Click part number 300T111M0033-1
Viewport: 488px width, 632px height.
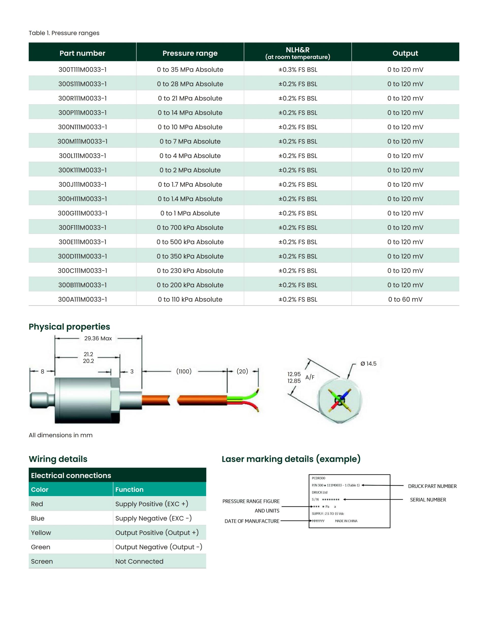[82, 69]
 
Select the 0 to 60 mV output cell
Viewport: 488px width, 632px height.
[405, 299]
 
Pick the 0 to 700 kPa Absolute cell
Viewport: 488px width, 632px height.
[190, 227]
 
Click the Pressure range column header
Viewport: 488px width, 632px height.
[190, 53]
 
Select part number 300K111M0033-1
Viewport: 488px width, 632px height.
[82, 170]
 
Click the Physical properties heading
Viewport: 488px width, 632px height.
[69, 326]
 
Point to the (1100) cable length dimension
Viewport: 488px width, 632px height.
[184, 371]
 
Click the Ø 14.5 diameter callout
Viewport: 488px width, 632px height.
[368, 364]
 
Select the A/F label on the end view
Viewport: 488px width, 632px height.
[310, 377]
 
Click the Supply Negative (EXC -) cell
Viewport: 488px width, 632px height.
[153, 518]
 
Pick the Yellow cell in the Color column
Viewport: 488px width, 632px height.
[41, 533]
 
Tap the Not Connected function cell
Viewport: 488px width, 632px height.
[139, 561]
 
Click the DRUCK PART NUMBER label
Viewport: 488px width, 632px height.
[432, 486]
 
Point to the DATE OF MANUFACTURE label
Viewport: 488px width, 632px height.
[252, 521]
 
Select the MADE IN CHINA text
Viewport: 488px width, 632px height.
[346, 521]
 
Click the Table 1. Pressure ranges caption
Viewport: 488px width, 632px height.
[64, 33]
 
